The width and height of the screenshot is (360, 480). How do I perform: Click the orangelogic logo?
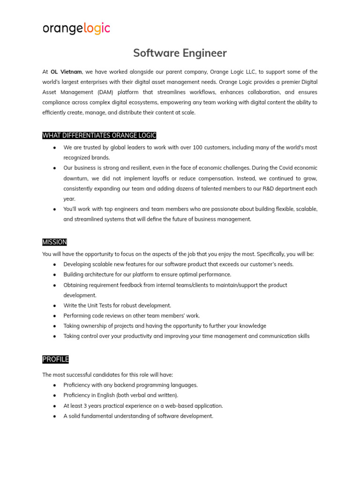pyautogui.click(x=76, y=29)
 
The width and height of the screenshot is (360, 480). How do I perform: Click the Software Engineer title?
pyautogui.click(x=180, y=53)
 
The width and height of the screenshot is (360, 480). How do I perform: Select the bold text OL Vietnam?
pyautogui.click(x=66, y=72)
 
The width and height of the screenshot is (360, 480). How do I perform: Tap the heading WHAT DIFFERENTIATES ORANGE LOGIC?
pyautogui.click(x=99, y=135)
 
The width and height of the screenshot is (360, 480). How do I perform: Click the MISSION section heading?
pyautogui.click(x=54, y=242)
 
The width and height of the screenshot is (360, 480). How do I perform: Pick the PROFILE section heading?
pyautogui.click(x=55, y=360)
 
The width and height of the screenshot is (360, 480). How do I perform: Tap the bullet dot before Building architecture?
pyautogui.click(x=55, y=275)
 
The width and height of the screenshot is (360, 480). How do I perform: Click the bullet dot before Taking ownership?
pyautogui.click(x=55, y=326)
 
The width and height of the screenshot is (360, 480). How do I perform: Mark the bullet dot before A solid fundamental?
pyautogui.click(x=55, y=416)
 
